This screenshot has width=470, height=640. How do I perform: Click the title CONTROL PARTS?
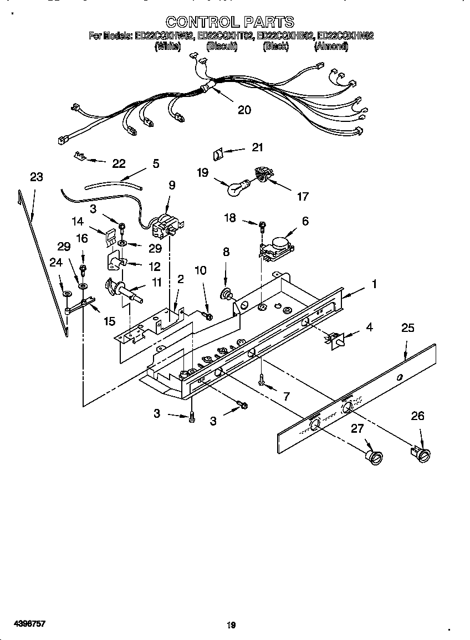click(x=230, y=22)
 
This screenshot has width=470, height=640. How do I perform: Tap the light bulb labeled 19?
click(x=236, y=188)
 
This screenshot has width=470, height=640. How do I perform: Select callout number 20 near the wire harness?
click(x=244, y=110)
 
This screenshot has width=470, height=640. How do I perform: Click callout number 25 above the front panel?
click(x=407, y=329)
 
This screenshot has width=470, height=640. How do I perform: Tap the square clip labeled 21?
click(x=219, y=152)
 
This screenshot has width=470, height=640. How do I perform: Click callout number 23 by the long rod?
click(x=37, y=177)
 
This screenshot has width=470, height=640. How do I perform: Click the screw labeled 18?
click(x=262, y=225)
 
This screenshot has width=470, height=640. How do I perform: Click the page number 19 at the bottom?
click(x=232, y=625)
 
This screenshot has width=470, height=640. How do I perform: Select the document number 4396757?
click(x=23, y=624)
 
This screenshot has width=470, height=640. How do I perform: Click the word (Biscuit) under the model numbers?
click(x=222, y=47)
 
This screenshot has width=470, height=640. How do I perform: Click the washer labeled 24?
click(x=67, y=294)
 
